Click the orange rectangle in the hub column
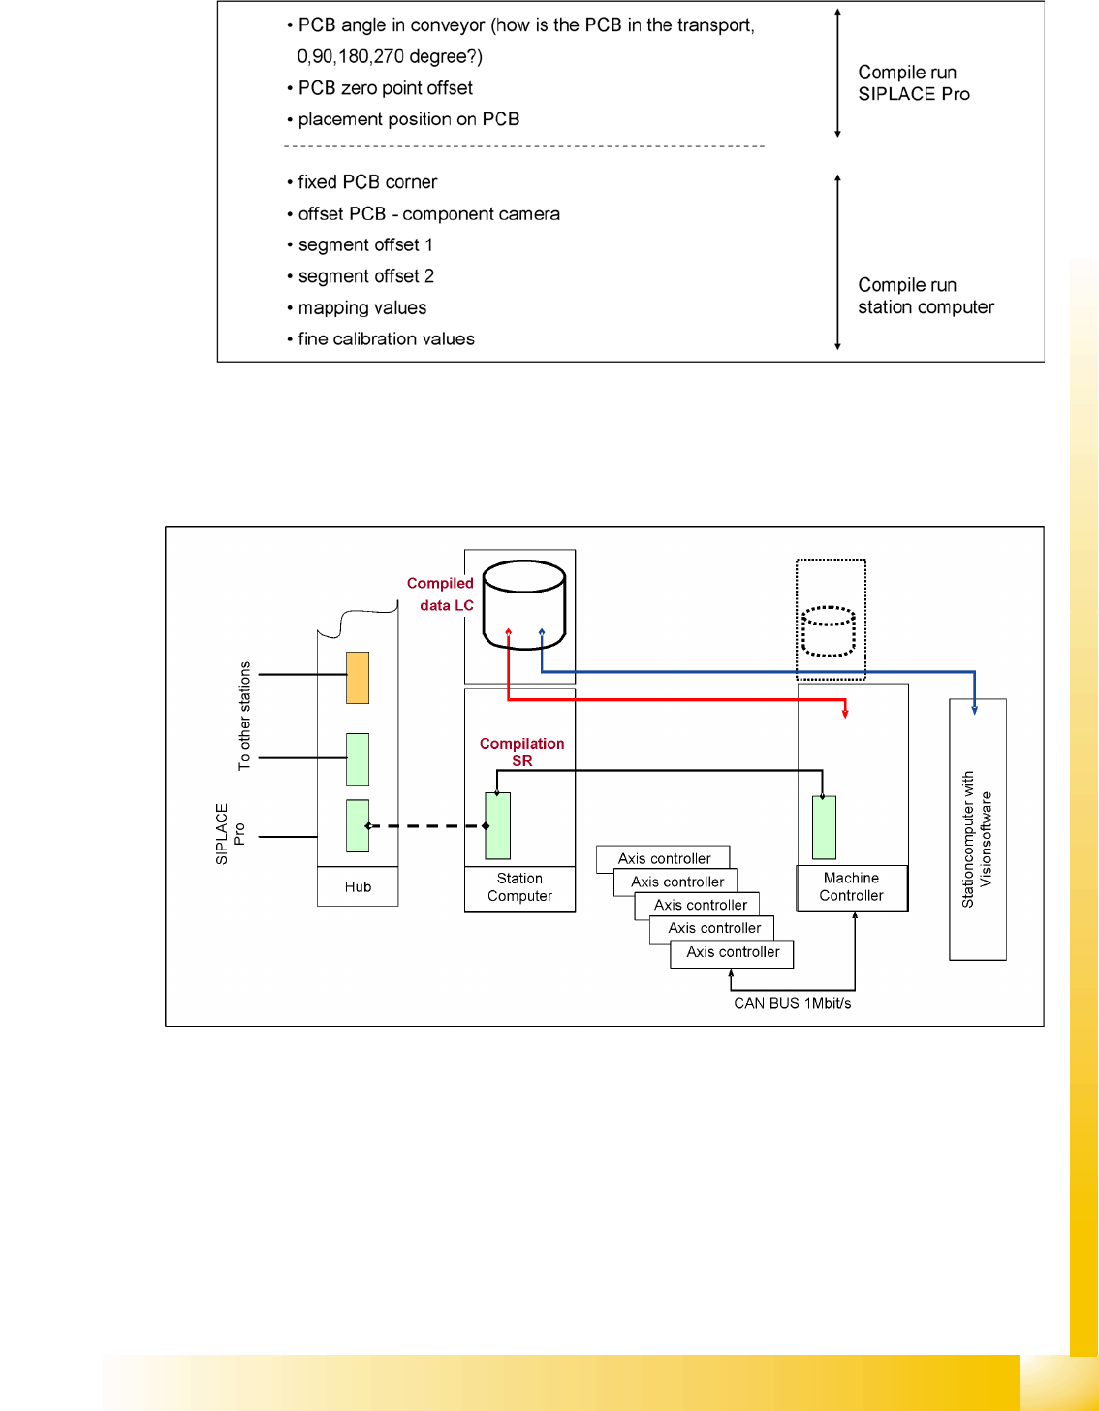[x=358, y=677]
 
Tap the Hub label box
[x=358, y=886]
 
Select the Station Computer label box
[x=519, y=888]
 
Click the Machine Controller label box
[x=852, y=887]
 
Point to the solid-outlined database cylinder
[x=524, y=603]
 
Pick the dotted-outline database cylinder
[x=829, y=631]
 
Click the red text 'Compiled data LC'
[x=441, y=593]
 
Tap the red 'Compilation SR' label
[x=521, y=752]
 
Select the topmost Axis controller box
[x=664, y=858]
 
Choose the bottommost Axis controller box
[x=733, y=952]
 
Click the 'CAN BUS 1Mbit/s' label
[x=792, y=1003]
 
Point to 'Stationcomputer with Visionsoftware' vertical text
[x=977, y=839]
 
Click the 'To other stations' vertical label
[x=244, y=716]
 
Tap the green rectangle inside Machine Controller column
[x=824, y=827]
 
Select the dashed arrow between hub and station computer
[x=426, y=826]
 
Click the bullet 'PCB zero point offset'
[x=385, y=88]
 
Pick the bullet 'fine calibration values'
[x=386, y=338]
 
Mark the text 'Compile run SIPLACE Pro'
[x=913, y=82]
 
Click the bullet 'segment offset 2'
[x=365, y=276]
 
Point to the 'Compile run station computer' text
[x=926, y=296]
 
